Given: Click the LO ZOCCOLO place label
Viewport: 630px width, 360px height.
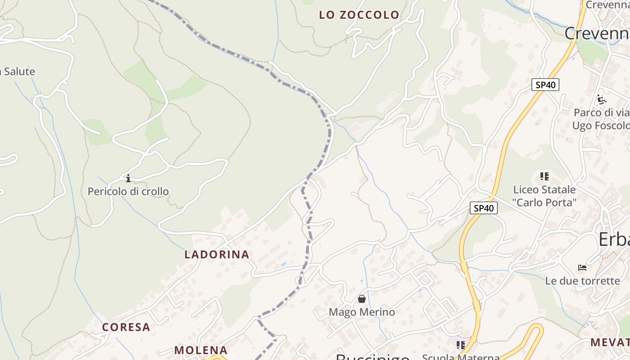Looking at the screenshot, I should (x=359, y=15).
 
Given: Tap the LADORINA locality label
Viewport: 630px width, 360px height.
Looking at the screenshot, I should (x=217, y=254).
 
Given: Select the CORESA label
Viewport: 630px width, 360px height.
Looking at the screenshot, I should (x=126, y=327).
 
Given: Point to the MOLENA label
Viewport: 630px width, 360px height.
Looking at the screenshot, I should (x=201, y=350).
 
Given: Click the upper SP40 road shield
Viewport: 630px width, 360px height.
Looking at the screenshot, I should (x=545, y=85).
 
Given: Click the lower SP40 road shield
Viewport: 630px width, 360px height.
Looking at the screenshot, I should (x=484, y=208).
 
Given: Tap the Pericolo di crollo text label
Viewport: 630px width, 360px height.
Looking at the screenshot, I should (x=128, y=191).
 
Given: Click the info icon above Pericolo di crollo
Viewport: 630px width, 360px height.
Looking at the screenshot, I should (x=128, y=178).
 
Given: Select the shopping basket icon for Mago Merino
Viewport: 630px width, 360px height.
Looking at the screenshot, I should (x=362, y=298).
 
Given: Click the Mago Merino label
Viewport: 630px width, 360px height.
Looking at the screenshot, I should (x=362, y=312).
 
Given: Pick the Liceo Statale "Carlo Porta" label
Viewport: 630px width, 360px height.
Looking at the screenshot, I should (x=544, y=196).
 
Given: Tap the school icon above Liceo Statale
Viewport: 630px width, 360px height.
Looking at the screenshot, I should (x=544, y=176).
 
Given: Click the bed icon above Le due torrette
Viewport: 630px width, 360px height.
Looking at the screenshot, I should (x=582, y=268).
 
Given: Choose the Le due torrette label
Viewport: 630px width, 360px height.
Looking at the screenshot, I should (x=582, y=281).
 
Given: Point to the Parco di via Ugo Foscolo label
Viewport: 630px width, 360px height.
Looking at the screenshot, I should (x=600, y=119).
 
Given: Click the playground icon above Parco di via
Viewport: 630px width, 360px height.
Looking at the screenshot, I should (x=601, y=99).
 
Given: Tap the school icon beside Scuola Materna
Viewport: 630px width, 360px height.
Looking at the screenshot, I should (x=460, y=345).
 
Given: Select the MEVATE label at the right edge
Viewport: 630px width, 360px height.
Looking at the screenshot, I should (x=610, y=342).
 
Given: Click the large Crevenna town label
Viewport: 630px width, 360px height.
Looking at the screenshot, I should (x=597, y=34).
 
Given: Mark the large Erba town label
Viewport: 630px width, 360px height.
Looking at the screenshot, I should (x=614, y=240).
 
